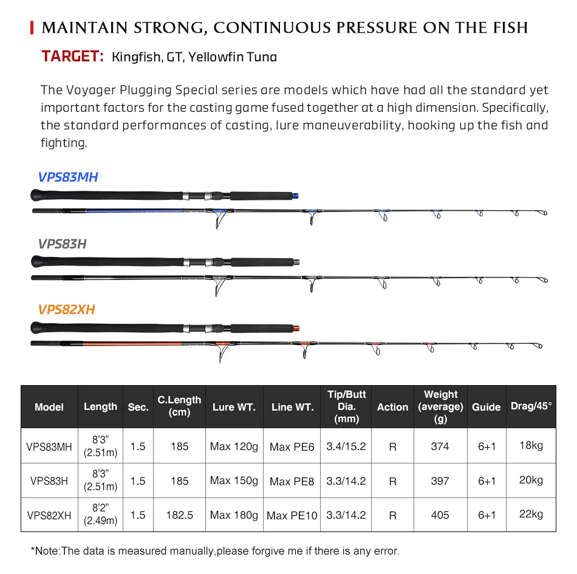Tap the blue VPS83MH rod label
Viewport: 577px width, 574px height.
click(68, 177)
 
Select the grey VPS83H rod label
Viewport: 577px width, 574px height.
click(62, 244)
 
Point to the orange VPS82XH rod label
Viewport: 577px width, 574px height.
click(66, 310)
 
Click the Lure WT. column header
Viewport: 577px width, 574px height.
click(234, 407)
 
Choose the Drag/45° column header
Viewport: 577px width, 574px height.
click(531, 406)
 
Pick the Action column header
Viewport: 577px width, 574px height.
click(392, 407)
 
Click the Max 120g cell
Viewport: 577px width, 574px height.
click(234, 446)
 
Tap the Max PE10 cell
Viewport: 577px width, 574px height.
click(292, 516)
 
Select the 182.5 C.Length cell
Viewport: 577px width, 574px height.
click(179, 515)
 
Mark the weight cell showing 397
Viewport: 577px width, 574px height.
click(440, 481)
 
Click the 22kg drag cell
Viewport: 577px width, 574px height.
click(531, 514)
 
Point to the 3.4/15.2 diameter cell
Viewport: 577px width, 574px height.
click(346, 446)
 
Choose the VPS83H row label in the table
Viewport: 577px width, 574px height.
click(49, 481)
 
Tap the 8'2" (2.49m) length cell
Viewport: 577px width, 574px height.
click(101, 515)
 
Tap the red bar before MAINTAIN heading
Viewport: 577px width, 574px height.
click(32, 27)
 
